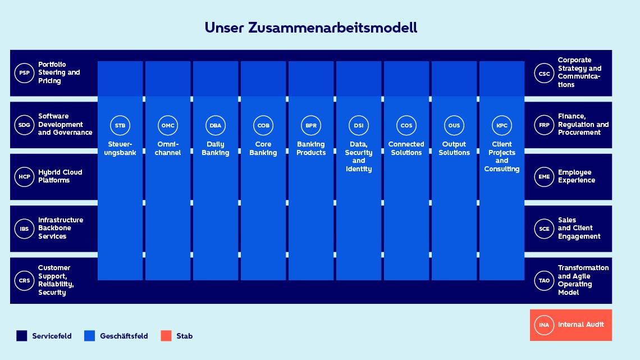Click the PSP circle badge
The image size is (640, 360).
click(x=24, y=73)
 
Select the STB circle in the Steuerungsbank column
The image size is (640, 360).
click(x=120, y=125)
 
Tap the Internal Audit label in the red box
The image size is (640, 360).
click(x=580, y=325)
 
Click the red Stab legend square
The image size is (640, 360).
click(x=166, y=336)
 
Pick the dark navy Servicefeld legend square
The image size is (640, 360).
click(x=22, y=336)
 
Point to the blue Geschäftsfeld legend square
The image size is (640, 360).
click(x=89, y=336)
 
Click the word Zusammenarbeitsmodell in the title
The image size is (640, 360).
click(x=328, y=28)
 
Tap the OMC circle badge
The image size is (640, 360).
click(x=168, y=125)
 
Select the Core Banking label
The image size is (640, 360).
click(x=263, y=148)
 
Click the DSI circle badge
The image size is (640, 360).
click(x=359, y=125)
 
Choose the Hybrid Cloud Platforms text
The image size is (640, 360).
click(x=60, y=176)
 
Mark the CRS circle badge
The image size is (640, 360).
click(x=24, y=280)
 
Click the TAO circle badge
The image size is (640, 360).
click(x=544, y=280)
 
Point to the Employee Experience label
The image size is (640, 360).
click(x=576, y=176)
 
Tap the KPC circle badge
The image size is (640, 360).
click(x=502, y=125)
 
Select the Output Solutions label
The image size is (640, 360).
click(x=454, y=148)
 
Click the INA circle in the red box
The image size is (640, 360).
click(x=544, y=325)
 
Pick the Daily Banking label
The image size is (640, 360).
click(x=216, y=148)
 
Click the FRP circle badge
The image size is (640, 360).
click(x=544, y=125)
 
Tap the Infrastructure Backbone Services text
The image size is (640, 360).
click(x=61, y=228)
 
